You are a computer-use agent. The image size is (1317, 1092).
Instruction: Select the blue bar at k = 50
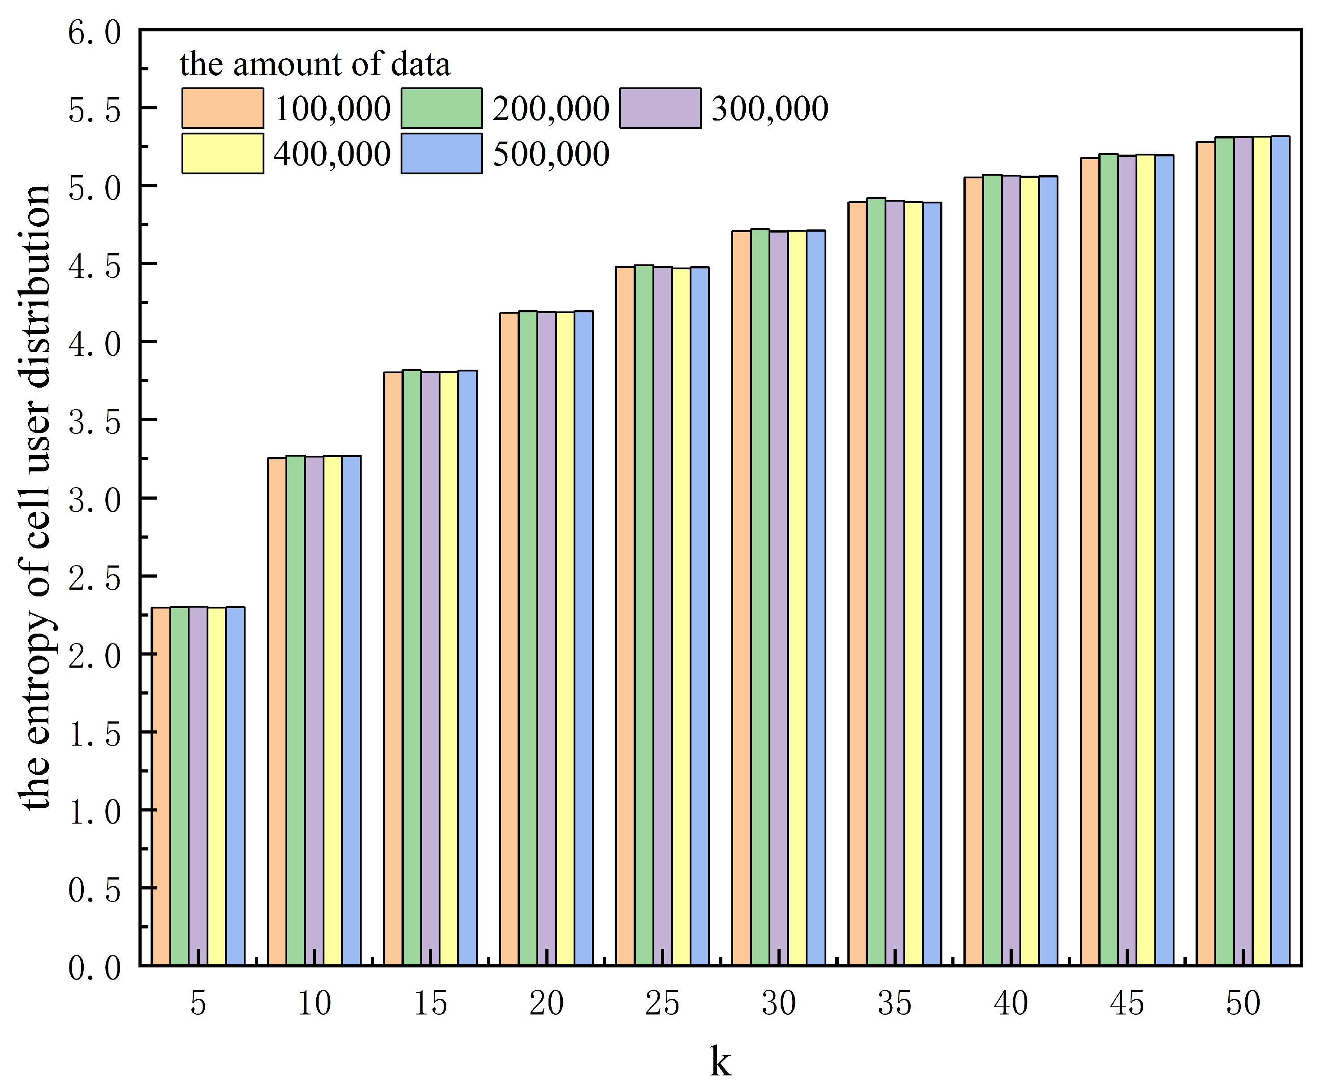pos(1280,552)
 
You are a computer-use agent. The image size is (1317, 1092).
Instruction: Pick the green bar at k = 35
pos(876,583)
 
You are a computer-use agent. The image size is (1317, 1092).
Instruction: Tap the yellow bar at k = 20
pos(565,640)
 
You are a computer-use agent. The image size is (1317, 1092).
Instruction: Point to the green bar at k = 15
pos(411,668)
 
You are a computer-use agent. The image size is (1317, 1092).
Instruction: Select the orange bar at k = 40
pos(973,571)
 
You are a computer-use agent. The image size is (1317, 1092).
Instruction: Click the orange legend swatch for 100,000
pos(223,108)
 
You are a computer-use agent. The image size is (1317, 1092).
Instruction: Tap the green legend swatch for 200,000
pos(441,108)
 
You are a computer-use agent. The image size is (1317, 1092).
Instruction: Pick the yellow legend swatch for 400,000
pos(223,154)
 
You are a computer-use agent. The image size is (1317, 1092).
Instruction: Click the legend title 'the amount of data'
pos(315,65)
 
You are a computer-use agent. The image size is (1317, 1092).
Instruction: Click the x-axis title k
pos(721,1061)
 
